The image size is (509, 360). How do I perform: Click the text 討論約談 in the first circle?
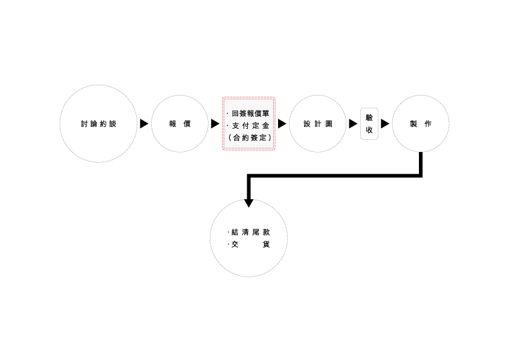click(98, 124)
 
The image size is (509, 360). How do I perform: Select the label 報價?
click(180, 124)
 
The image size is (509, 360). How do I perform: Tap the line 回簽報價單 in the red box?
click(251, 113)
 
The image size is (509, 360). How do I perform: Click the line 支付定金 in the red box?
click(251, 125)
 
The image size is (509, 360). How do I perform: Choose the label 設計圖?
click(317, 124)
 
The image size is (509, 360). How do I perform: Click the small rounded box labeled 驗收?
click(369, 123)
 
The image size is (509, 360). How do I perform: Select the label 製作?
click(420, 124)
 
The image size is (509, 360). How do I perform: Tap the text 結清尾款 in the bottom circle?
click(250, 232)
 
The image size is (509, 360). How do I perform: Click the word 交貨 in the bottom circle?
click(250, 244)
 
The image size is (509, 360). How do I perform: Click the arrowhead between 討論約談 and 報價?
click(144, 124)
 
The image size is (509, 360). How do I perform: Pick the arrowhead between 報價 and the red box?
click(215, 124)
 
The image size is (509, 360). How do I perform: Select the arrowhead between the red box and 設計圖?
click(282, 124)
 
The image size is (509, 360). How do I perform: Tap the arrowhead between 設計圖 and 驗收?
click(353, 124)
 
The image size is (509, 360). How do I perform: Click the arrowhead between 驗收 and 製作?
click(385, 124)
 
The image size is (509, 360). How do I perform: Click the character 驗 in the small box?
click(369, 117)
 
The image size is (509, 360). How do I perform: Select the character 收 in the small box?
click(369, 130)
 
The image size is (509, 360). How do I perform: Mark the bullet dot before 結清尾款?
click(229, 232)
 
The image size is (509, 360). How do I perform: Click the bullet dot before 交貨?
click(229, 244)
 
